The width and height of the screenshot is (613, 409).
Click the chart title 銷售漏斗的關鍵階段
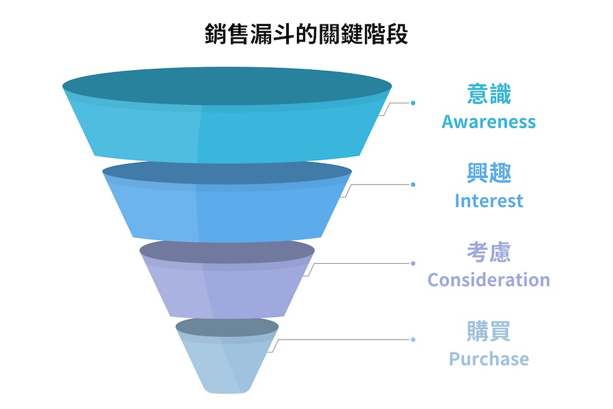point(306,33)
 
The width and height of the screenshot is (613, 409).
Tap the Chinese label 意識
point(488,94)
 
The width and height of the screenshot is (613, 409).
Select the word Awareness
point(488,122)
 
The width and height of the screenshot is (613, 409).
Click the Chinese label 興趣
point(488,173)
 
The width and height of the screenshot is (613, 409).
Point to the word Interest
point(488,201)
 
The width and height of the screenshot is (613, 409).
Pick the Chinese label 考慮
point(488,252)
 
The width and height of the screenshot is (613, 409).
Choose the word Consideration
point(488,279)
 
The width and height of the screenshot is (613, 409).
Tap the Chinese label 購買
point(488,331)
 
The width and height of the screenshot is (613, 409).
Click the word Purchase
point(488,359)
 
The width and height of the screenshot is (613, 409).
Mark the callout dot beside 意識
point(413,103)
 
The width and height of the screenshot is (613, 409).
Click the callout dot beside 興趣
point(413,184)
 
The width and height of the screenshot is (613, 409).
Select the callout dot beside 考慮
point(413,263)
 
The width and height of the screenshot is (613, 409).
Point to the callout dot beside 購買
point(413,339)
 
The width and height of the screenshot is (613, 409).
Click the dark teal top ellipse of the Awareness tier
point(227,86)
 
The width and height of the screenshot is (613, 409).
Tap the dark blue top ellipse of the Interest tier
point(227,174)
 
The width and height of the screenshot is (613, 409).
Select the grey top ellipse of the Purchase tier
point(227,328)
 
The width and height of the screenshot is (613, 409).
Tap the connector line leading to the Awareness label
point(398,103)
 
